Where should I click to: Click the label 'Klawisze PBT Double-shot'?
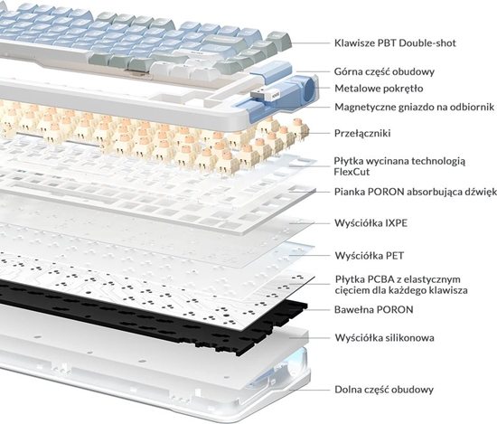pyautogui.click(x=395, y=42)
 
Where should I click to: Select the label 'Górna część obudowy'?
pyautogui.click(x=384, y=71)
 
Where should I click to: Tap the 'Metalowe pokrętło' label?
pyautogui.click(x=379, y=89)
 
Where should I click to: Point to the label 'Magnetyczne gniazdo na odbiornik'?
pyautogui.click(x=414, y=107)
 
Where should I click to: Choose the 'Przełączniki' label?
pyautogui.click(x=362, y=133)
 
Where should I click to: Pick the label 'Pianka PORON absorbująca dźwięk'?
pyautogui.click(x=416, y=193)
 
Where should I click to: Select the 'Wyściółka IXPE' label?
pyautogui.click(x=370, y=223)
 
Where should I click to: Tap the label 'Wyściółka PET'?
pyautogui.click(x=370, y=256)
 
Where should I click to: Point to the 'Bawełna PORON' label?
pyautogui.click(x=374, y=309)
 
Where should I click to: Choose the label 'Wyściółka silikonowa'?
pyautogui.click(x=384, y=338)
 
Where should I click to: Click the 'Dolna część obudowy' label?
pyautogui.click(x=384, y=390)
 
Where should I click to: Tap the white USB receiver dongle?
pyautogui.click(x=265, y=95)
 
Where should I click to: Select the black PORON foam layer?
pyautogui.click(x=152, y=314)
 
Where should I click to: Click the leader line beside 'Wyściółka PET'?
pyautogui.click(x=309, y=255)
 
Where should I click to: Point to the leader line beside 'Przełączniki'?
pyautogui.click(x=319, y=133)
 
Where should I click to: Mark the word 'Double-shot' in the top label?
pyautogui.click(x=427, y=42)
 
